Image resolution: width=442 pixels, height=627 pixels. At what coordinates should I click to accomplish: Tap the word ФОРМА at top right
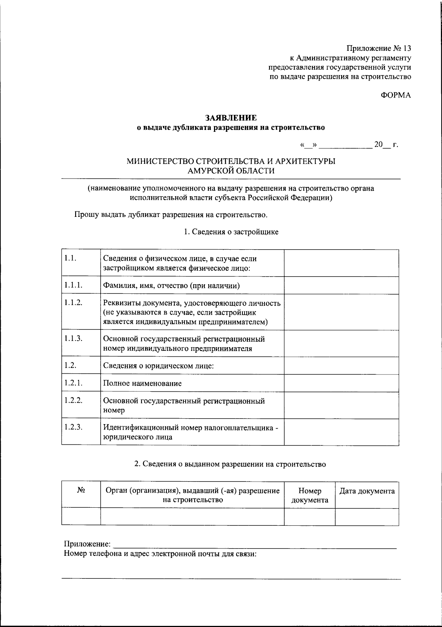396,95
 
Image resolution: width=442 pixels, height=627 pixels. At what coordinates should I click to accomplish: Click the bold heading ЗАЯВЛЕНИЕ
231,118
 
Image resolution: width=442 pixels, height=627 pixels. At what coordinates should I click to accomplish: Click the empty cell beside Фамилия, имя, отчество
341,285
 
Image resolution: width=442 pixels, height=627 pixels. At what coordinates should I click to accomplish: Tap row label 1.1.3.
73,339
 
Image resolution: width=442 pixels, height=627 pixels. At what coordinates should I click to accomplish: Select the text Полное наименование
142,383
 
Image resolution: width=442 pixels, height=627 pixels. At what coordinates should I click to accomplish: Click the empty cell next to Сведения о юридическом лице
341,366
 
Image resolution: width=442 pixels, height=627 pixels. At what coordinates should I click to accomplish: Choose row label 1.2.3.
73,427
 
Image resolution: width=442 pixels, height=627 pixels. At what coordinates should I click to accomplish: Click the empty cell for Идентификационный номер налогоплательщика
341,432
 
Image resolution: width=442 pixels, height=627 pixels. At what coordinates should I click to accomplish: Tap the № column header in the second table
81,491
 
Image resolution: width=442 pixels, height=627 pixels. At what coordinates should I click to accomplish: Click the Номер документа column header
309,495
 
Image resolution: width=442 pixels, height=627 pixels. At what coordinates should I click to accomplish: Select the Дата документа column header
366,491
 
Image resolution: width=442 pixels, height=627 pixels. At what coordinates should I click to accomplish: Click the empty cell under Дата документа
366,517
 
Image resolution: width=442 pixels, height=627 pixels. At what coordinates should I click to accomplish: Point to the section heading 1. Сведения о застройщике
231,232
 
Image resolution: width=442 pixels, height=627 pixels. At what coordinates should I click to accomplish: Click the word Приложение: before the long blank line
87,544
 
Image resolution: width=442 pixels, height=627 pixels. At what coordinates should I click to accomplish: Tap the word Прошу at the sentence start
85,215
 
